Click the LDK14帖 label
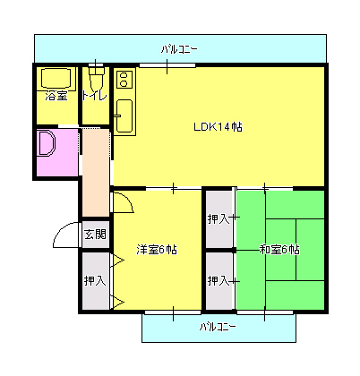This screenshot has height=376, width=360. coord(218,127)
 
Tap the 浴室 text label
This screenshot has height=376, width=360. coord(56,96)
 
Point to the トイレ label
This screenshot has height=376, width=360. coord(95,96)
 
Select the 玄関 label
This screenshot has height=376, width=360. coord(95,235)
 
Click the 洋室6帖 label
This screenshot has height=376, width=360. coord(156,250)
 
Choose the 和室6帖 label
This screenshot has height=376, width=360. coord(279,250)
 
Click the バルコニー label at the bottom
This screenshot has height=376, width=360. coord(218,327)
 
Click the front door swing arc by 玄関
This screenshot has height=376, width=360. coord(66,235)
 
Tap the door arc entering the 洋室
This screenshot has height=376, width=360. coord(124,202)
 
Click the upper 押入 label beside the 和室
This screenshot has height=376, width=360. coord(218,218)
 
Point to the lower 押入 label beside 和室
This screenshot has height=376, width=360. coord(218,281)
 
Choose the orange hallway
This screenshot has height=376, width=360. coord(95,179)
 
